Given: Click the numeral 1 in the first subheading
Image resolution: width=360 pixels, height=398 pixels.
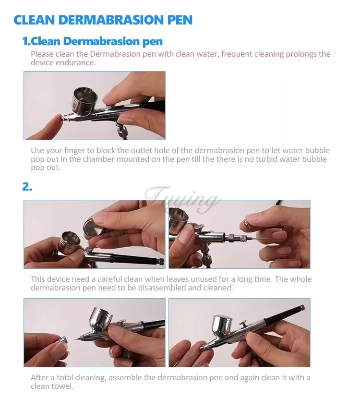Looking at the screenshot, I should pos(26,41).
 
